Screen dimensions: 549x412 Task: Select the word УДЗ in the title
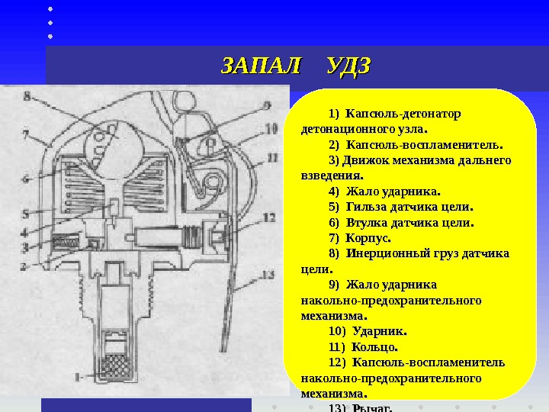click(348, 66)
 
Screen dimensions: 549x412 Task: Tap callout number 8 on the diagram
click(27, 97)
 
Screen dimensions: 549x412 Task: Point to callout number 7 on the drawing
click(25, 134)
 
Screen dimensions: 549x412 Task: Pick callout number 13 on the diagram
click(267, 275)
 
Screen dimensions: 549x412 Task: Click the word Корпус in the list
click(370, 237)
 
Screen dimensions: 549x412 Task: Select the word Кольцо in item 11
click(374, 347)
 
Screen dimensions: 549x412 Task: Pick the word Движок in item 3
click(362, 159)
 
